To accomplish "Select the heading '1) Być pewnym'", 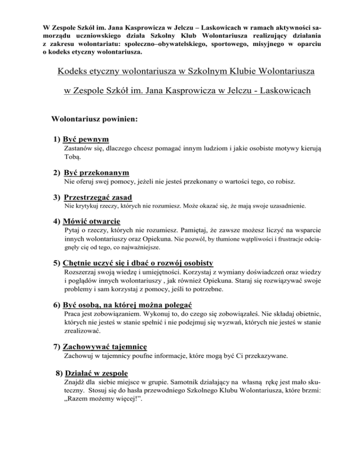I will tap(81, 139).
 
